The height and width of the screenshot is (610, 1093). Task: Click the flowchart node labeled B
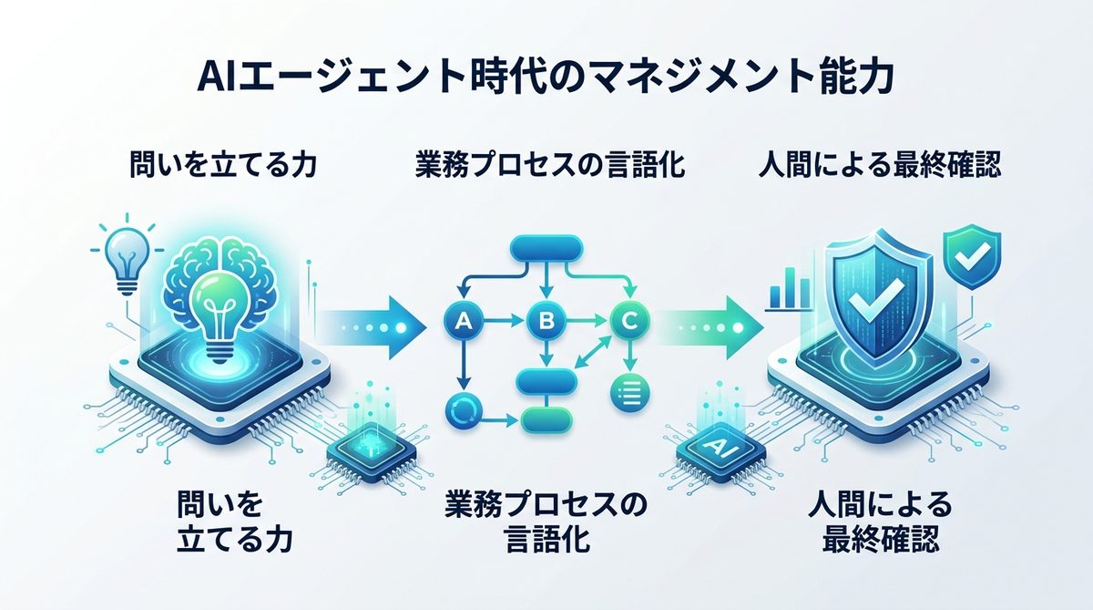(x=546, y=320)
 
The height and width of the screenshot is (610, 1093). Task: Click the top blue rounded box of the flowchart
(x=546, y=248)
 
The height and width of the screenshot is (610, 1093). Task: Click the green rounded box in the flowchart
(x=546, y=419)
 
